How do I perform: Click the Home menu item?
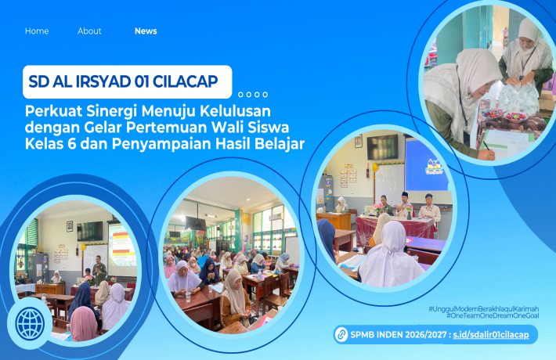(37, 31)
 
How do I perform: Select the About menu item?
(89, 31)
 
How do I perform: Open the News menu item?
(146, 31)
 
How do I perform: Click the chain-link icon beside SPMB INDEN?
(341, 335)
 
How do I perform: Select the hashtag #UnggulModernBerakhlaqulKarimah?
(483, 309)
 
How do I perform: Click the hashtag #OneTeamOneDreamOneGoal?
(493, 316)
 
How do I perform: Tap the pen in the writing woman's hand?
(486, 144)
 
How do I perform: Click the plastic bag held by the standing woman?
(518, 99)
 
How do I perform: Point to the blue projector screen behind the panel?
(426, 165)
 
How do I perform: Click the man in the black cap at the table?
(404, 205)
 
